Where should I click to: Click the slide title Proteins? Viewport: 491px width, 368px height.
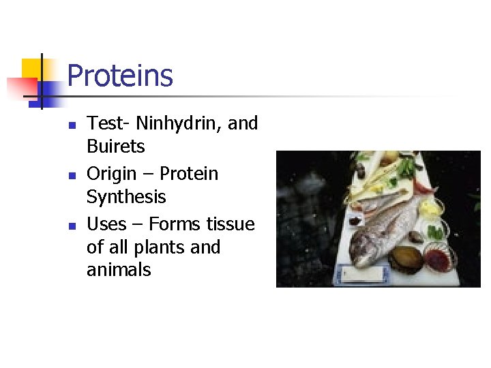click(x=120, y=75)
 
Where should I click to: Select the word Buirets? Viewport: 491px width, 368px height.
click(x=116, y=147)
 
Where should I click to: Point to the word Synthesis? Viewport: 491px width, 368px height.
click(x=126, y=197)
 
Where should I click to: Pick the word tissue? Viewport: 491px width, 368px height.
click(x=228, y=224)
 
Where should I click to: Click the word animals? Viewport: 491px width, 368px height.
click(x=119, y=270)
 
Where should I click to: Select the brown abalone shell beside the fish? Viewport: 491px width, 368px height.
click(x=405, y=260)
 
